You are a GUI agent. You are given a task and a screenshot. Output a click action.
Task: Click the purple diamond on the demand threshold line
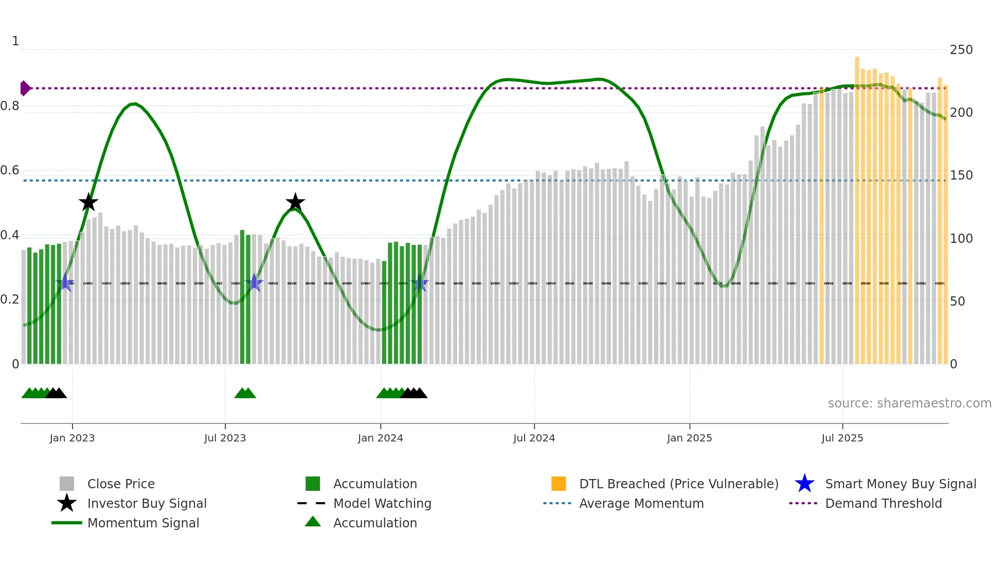pyautogui.click(x=25, y=88)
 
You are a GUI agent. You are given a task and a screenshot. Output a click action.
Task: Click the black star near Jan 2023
pyautogui.click(x=88, y=203)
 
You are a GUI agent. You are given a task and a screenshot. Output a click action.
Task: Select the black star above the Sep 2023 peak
pyautogui.click(x=295, y=203)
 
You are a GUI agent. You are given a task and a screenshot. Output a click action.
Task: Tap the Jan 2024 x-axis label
pyautogui.click(x=380, y=438)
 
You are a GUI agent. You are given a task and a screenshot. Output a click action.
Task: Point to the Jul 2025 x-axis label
pyautogui.click(x=842, y=438)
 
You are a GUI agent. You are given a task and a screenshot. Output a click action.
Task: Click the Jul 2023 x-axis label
pyautogui.click(x=225, y=438)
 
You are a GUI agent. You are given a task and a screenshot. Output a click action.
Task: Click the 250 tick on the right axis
pyautogui.click(x=961, y=50)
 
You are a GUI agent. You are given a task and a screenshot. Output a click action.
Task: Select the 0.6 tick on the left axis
pyautogui.click(x=10, y=170)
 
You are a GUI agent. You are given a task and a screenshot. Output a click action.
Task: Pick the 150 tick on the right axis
pyautogui.click(x=961, y=175)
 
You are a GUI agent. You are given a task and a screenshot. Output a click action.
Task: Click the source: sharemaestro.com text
pyautogui.click(x=909, y=403)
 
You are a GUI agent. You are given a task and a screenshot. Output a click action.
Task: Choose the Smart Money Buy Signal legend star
pyautogui.click(x=804, y=484)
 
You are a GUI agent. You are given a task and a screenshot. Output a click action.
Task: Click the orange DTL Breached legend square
pyautogui.click(x=559, y=484)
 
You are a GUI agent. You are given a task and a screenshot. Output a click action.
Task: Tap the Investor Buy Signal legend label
pyautogui.click(x=147, y=504)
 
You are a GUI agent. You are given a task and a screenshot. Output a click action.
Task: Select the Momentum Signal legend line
pyautogui.click(x=67, y=523)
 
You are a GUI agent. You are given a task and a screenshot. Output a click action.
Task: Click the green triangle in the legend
pyautogui.click(x=313, y=522)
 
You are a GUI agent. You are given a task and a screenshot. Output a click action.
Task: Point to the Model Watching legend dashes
pyautogui.click(x=312, y=504)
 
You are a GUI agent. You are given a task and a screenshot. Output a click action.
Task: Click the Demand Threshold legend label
pyautogui.click(x=883, y=504)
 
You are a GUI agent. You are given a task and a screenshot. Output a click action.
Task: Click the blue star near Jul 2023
pyautogui.click(x=254, y=283)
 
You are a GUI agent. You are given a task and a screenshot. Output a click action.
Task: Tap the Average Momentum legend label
pyautogui.click(x=641, y=504)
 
